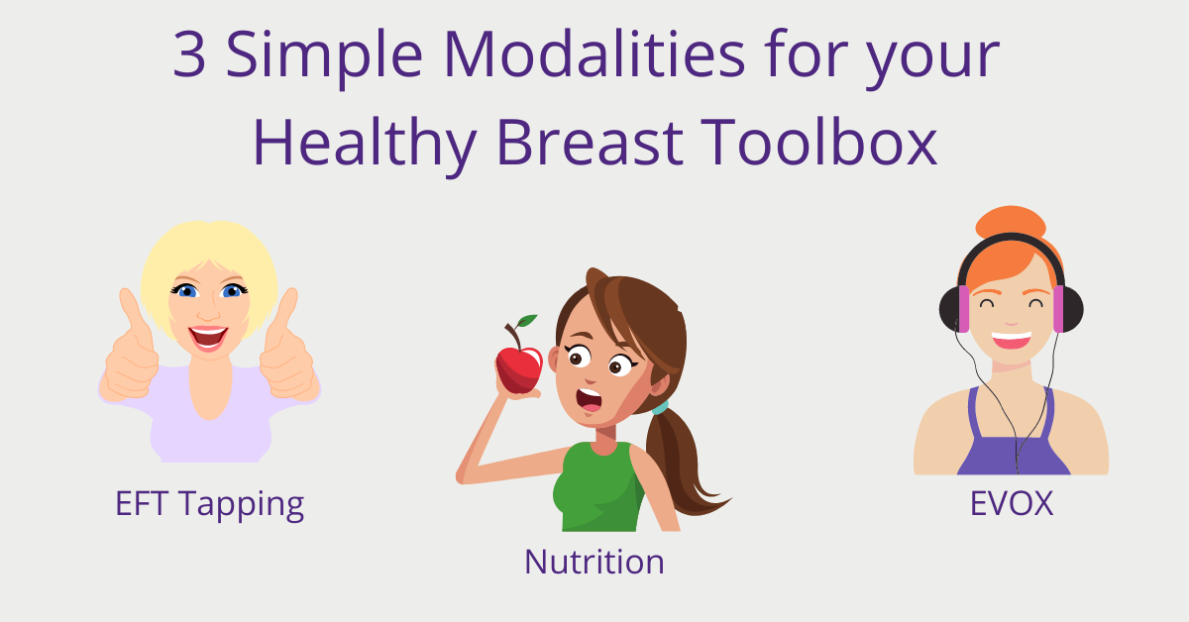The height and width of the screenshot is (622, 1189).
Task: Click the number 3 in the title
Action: (x=189, y=54)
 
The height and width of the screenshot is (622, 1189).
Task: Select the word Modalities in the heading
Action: (x=594, y=53)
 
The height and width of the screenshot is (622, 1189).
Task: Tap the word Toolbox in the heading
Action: (x=819, y=142)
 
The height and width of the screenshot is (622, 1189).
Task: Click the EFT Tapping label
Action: (x=210, y=504)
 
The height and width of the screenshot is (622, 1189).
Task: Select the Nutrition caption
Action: (x=594, y=562)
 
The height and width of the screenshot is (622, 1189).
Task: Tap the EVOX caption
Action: (x=1012, y=503)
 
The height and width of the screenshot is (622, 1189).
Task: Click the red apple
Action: (x=519, y=369)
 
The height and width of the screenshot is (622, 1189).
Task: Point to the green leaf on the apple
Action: (x=526, y=321)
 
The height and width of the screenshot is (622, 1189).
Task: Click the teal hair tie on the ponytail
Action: (x=660, y=408)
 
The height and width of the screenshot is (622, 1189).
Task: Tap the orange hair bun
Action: (x=1011, y=221)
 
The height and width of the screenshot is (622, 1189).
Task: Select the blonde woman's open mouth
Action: (x=208, y=338)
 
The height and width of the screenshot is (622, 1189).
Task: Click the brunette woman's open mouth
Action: (x=590, y=400)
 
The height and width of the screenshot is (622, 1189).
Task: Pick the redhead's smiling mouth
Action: (x=1012, y=340)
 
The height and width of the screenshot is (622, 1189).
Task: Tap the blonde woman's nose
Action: (x=209, y=312)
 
